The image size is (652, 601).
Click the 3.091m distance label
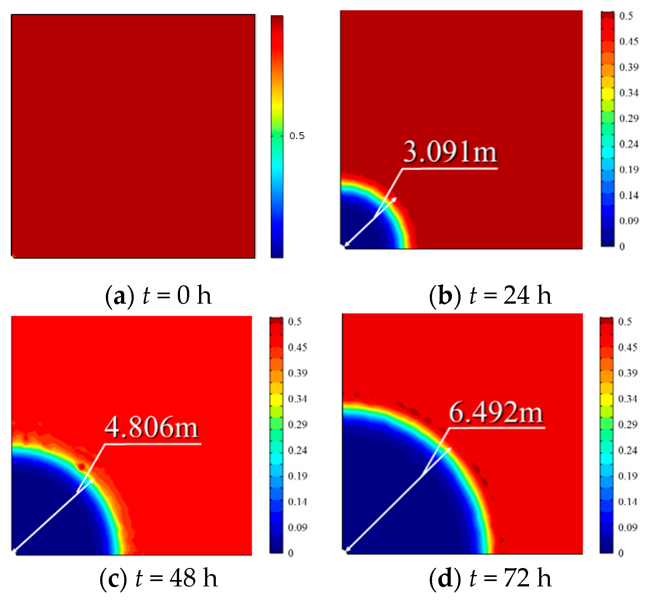pyautogui.click(x=450, y=152)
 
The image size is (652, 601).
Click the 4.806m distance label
pyautogui.click(x=152, y=427)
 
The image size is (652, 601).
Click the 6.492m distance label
pyautogui.click(x=496, y=412)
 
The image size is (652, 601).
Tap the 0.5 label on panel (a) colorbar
pyautogui.click(x=297, y=136)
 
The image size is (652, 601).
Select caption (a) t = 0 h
pyautogui.click(x=158, y=295)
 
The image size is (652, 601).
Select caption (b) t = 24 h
pyautogui.click(x=490, y=295)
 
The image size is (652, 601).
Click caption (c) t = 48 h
pyautogui.click(x=158, y=578)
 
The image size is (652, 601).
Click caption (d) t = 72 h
pyautogui.click(x=490, y=578)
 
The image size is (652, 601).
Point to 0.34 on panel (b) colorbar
pyautogui.click(x=629, y=93)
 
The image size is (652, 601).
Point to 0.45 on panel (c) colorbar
pyautogui.click(x=297, y=347)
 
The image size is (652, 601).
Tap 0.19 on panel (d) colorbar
pyautogui.click(x=627, y=476)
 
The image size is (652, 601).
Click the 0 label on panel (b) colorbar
pyautogui.click(x=622, y=247)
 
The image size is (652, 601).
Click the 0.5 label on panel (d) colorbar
pyautogui.click(x=625, y=322)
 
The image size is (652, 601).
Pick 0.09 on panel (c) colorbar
pyautogui.click(x=297, y=527)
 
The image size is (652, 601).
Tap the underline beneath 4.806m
pyautogui.click(x=153, y=444)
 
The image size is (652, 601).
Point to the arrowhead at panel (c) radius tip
pyautogui.click(x=92, y=480)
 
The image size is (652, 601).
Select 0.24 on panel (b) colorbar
pyautogui.click(x=629, y=144)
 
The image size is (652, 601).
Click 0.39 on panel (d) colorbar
pyautogui.click(x=627, y=373)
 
